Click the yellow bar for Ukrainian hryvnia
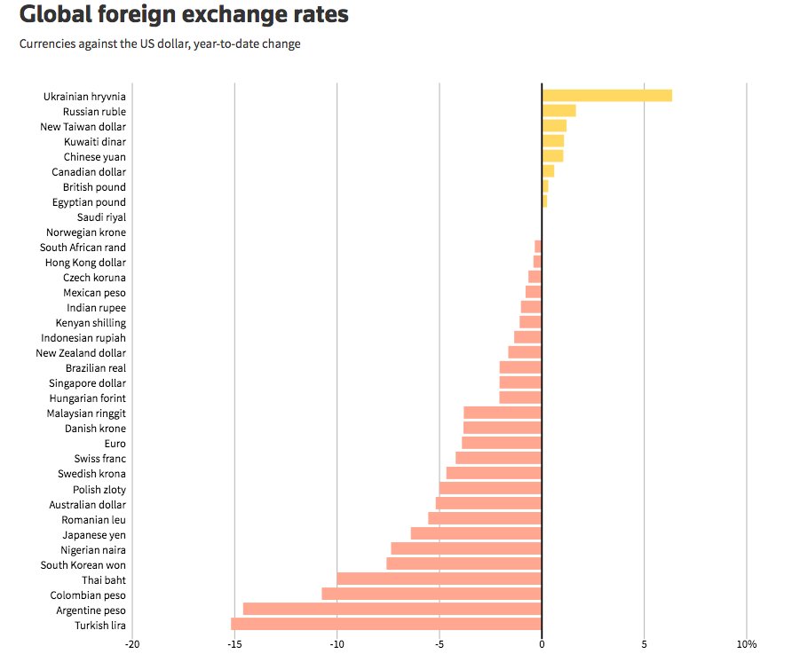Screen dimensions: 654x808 (606, 96)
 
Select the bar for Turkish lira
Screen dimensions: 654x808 (386, 624)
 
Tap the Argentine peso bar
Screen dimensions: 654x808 (392, 609)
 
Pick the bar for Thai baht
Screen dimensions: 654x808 (439, 579)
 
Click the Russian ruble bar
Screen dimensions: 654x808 (558, 111)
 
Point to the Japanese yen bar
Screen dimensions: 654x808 (476, 533)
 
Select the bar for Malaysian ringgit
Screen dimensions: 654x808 (503, 413)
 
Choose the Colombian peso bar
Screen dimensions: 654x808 (432, 594)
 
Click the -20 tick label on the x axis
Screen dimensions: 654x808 (132, 643)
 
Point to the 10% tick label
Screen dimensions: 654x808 (746, 643)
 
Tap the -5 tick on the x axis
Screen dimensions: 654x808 (439, 643)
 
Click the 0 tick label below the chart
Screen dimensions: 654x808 (542, 643)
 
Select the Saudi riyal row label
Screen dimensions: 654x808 (103, 217)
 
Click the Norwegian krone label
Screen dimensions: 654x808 (86, 232)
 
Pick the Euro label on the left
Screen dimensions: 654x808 (115, 444)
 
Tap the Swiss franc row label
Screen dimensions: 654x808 (100, 459)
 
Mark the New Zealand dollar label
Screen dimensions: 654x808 (81, 353)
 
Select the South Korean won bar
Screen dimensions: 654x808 (463, 563)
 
